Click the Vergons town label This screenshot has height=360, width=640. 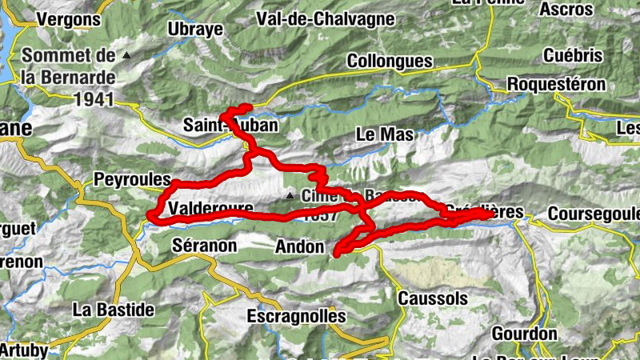[69, 19]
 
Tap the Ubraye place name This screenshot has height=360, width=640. [192, 29]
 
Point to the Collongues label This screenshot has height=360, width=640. [390, 61]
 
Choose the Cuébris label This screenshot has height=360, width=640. [572, 55]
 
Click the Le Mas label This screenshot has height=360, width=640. [385, 134]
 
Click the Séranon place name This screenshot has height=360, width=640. [204, 246]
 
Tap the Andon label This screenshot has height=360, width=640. [298, 246]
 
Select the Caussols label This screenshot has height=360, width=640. [432, 298]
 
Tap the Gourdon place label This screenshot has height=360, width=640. [524, 334]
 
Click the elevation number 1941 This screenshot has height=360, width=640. [93, 100]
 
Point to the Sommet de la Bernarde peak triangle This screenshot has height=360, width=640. [126, 56]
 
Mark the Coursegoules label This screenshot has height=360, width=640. [594, 214]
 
